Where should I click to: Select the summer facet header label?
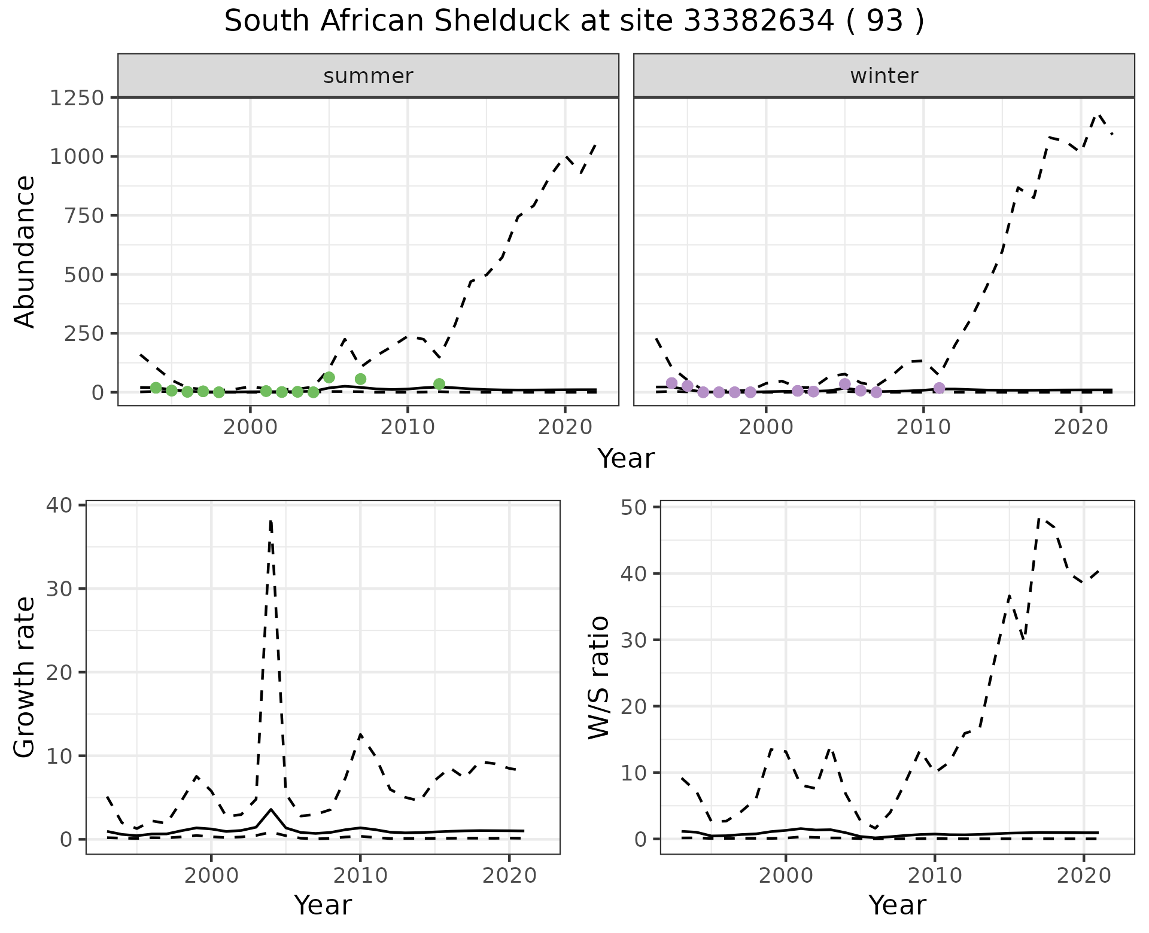click(368, 76)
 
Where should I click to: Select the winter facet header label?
click(884, 76)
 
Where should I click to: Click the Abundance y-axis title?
click(25, 251)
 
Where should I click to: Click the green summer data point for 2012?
click(439, 384)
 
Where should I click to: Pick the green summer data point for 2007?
click(360, 379)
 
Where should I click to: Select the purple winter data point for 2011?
click(939, 388)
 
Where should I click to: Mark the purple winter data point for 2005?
click(845, 384)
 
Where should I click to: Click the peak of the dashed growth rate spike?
click(271, 522)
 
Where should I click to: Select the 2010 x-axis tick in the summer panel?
click(408, 427)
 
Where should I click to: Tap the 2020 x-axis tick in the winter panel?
click(1080, 427)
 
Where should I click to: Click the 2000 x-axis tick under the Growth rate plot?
click(211, 876)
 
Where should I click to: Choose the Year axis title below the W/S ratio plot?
click(897, 905)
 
